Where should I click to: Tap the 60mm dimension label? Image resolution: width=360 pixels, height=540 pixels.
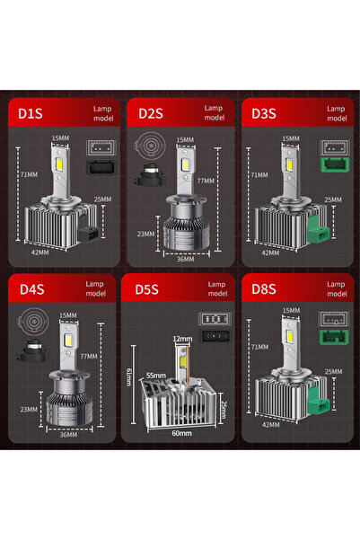click(x=181, y=433)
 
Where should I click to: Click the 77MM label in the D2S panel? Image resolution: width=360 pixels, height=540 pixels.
click(x=208, y=181)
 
